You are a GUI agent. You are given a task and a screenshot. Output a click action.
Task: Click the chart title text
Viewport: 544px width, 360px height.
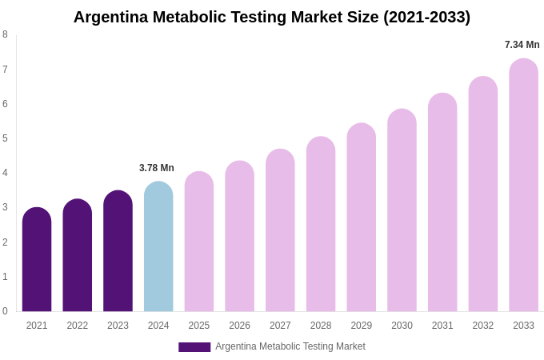(272, 17)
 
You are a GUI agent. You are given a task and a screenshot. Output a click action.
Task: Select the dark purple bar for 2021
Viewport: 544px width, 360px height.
(37, 260)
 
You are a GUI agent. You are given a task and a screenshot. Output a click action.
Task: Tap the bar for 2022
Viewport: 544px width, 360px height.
(78, 256)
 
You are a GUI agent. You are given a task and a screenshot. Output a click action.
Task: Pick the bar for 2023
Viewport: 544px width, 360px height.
(118, 251)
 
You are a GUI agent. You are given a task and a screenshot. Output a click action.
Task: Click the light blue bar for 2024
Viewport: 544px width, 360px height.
(158, 247)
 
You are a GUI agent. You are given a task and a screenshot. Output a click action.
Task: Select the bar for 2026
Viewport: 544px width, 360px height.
(239, 237)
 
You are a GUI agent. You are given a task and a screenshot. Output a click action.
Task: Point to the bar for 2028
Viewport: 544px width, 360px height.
(321, 225)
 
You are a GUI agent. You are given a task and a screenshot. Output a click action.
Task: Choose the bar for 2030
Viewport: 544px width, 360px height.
(402, 210)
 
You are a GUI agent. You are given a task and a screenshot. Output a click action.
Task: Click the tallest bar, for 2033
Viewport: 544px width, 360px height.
(523, 186)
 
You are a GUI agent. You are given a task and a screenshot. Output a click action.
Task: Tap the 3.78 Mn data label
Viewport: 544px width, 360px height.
(157, 168)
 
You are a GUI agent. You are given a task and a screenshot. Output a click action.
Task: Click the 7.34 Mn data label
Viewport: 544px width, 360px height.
(522, 45)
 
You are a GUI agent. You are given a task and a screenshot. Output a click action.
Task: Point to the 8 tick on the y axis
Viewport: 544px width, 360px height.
(5, 34)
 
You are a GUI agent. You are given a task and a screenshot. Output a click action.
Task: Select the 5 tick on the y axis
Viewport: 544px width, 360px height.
(5, 138)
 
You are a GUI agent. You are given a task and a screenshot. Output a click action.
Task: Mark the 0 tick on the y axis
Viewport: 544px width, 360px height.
(5, 311)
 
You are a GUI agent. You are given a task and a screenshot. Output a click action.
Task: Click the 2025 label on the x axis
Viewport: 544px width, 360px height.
(199, 326)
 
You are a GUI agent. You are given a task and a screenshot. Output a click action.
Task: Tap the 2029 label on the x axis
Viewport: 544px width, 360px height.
(362, 326)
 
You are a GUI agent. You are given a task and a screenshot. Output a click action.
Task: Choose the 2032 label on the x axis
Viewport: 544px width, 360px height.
(483, 326)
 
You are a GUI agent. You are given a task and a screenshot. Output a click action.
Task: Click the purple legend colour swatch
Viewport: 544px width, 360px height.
(194, 347)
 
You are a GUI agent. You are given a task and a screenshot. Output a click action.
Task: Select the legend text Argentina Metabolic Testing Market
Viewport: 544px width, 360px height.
(290, 346)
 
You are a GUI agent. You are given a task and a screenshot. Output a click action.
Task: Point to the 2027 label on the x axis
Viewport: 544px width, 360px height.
(280, 326)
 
